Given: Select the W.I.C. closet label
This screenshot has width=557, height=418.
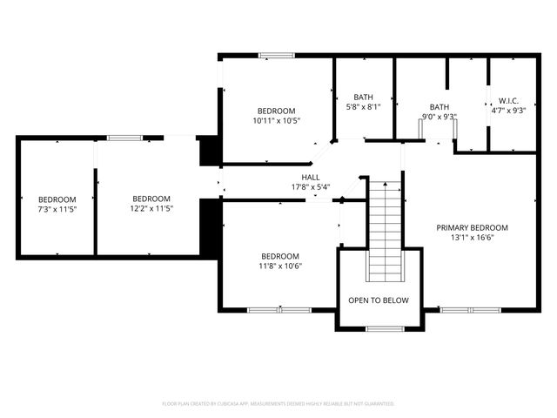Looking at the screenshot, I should (508, 100).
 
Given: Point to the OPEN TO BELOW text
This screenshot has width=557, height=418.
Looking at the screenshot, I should (378, 300).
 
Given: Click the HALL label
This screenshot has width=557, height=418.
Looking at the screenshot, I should (299, 177).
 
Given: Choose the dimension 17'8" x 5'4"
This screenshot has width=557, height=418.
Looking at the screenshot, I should (299, 187).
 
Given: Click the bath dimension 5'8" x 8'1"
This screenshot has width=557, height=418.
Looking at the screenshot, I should (364, 107).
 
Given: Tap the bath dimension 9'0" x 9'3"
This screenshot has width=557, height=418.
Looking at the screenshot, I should (439, 117).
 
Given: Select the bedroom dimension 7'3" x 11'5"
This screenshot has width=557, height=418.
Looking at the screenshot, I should (57, 209).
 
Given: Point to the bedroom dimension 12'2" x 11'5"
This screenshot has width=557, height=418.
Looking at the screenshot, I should (151, 209).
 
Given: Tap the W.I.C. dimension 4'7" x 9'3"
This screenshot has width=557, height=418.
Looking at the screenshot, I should (508, 111).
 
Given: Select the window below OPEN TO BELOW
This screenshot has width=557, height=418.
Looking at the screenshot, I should (379, 328).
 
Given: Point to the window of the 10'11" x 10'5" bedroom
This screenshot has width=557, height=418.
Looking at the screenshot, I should (276, 57).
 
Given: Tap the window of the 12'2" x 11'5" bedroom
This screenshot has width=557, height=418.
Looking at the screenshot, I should (124, 137).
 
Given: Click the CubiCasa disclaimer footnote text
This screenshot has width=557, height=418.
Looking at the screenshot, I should (278, 404).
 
